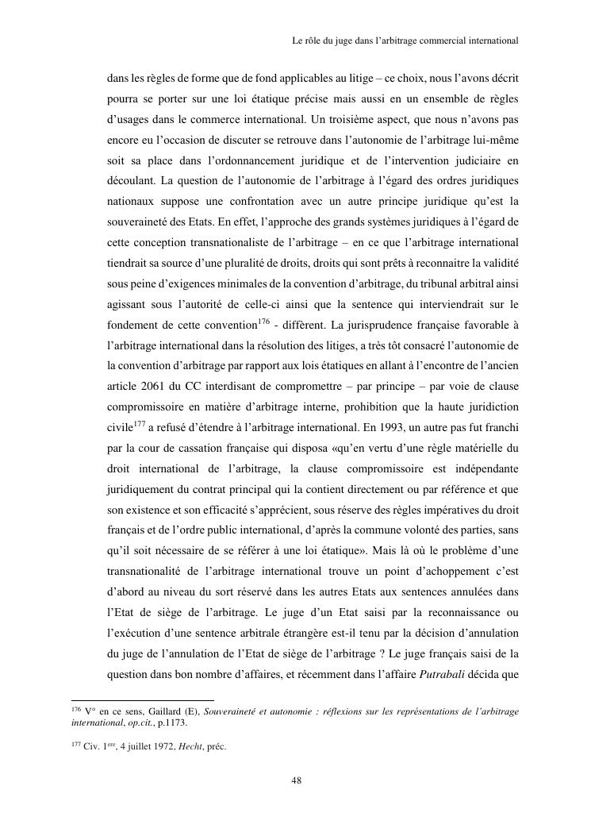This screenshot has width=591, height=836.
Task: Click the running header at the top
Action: point(405,38)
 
